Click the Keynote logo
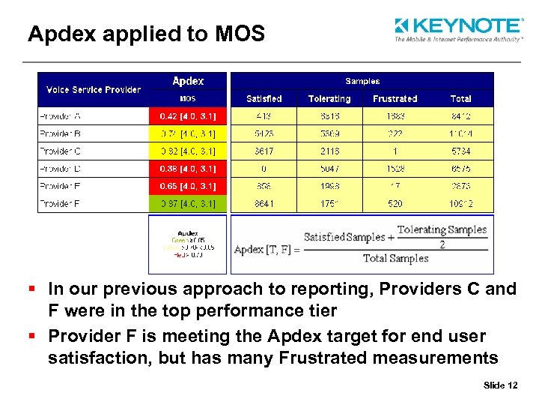coord(457,29)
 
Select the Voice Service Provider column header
coord(94,90)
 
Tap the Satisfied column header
coord(264,99)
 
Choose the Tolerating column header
coord(329,99)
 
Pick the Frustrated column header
coord(395,99)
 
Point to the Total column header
coord(461,99)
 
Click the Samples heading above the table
coord(362,81)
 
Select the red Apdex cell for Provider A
coord(189,116)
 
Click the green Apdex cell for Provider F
coord(189,204)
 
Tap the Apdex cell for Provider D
coord(189,169)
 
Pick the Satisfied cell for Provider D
coord(264,169)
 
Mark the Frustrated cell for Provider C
coord(395,151)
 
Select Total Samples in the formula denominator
coord(396,259)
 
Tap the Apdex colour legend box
coord(188,244)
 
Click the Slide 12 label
coord(501,385)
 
